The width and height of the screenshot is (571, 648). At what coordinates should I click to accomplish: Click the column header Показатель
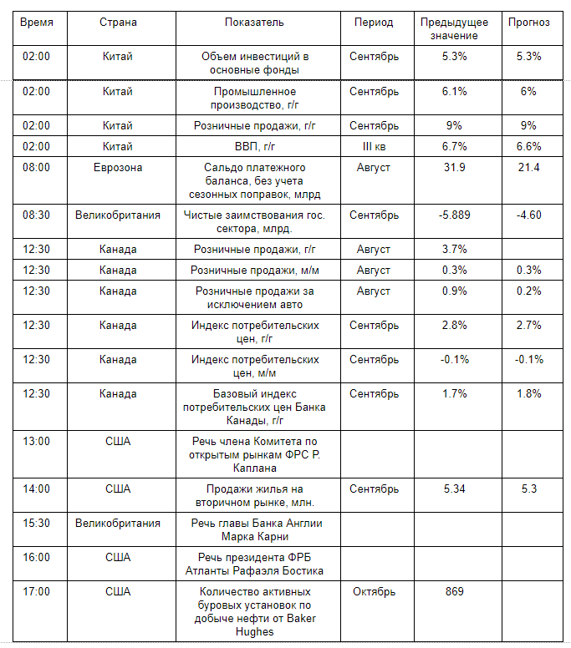[255, 23]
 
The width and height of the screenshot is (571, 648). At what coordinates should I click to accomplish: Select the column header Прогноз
[528, 23]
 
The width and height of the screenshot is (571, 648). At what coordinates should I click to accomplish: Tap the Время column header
[37, 23]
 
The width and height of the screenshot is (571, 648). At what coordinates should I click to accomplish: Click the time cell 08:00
[37, 167]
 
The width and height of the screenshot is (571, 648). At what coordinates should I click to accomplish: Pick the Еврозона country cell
[118, 167]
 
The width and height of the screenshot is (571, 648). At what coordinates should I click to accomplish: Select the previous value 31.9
[454, 167]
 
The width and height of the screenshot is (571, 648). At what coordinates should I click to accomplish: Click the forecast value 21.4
[528, 167]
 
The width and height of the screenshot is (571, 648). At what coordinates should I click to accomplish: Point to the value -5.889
[454, 215]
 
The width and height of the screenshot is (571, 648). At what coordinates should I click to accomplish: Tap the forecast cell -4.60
[528, 215]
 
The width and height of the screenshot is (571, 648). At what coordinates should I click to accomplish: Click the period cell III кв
[374, 146]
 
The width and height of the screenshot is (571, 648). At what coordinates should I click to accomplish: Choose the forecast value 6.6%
[528, 146]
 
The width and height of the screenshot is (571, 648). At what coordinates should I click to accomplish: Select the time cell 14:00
[37, 489]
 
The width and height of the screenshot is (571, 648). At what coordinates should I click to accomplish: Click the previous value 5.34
[454, 489]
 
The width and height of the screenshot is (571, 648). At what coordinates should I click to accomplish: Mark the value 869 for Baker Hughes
[454, 591]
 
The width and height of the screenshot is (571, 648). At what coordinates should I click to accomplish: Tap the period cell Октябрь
[374, 591]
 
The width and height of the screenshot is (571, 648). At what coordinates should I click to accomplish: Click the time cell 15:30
[37, 523]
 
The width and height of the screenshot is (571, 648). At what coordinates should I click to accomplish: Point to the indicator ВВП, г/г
[255, 146]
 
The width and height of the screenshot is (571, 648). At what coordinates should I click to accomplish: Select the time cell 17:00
[37, 591]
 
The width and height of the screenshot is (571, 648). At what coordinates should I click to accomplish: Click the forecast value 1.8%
[528, 392]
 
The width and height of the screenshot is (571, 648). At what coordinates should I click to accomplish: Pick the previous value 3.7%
[454, 249]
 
